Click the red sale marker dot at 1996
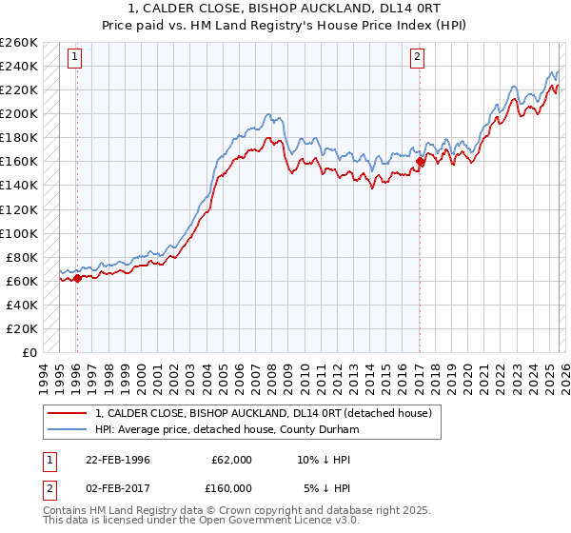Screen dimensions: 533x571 77,278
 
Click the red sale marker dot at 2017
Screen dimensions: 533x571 420,162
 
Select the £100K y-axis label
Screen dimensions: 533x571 19,233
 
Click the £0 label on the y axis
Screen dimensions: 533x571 30,352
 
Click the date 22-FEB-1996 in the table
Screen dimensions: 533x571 118,459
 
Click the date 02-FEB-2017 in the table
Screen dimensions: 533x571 118,488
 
